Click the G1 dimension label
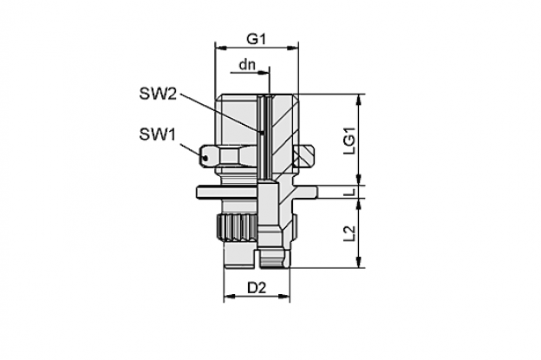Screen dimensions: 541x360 256,39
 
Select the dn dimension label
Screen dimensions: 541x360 247,64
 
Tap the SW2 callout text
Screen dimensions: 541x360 158,93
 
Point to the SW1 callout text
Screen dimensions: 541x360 158,134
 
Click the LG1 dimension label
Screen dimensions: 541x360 349,141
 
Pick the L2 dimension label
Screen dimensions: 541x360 349,233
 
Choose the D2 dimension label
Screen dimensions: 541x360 257,287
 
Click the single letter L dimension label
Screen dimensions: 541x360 349,192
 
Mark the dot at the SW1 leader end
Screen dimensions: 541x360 205,159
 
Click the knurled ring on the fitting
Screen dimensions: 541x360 237,228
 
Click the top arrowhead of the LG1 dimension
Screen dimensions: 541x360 359,99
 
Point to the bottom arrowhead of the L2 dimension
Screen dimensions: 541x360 359,262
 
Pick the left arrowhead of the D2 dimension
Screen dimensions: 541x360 229,297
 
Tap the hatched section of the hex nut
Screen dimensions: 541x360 303,157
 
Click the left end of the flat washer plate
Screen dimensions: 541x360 198,192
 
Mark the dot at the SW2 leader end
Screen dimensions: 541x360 262,132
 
